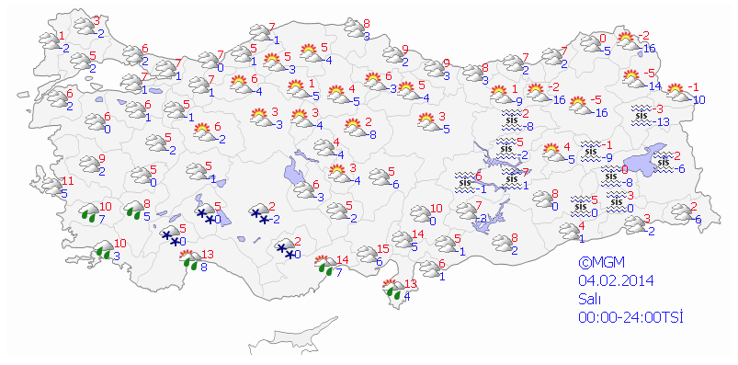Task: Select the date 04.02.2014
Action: pos(616,280)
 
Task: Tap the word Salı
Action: pos(590,299)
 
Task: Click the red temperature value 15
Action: pos(384,249)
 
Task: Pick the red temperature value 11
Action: pos(68,179)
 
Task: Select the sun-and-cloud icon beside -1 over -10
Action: pos(677,92)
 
